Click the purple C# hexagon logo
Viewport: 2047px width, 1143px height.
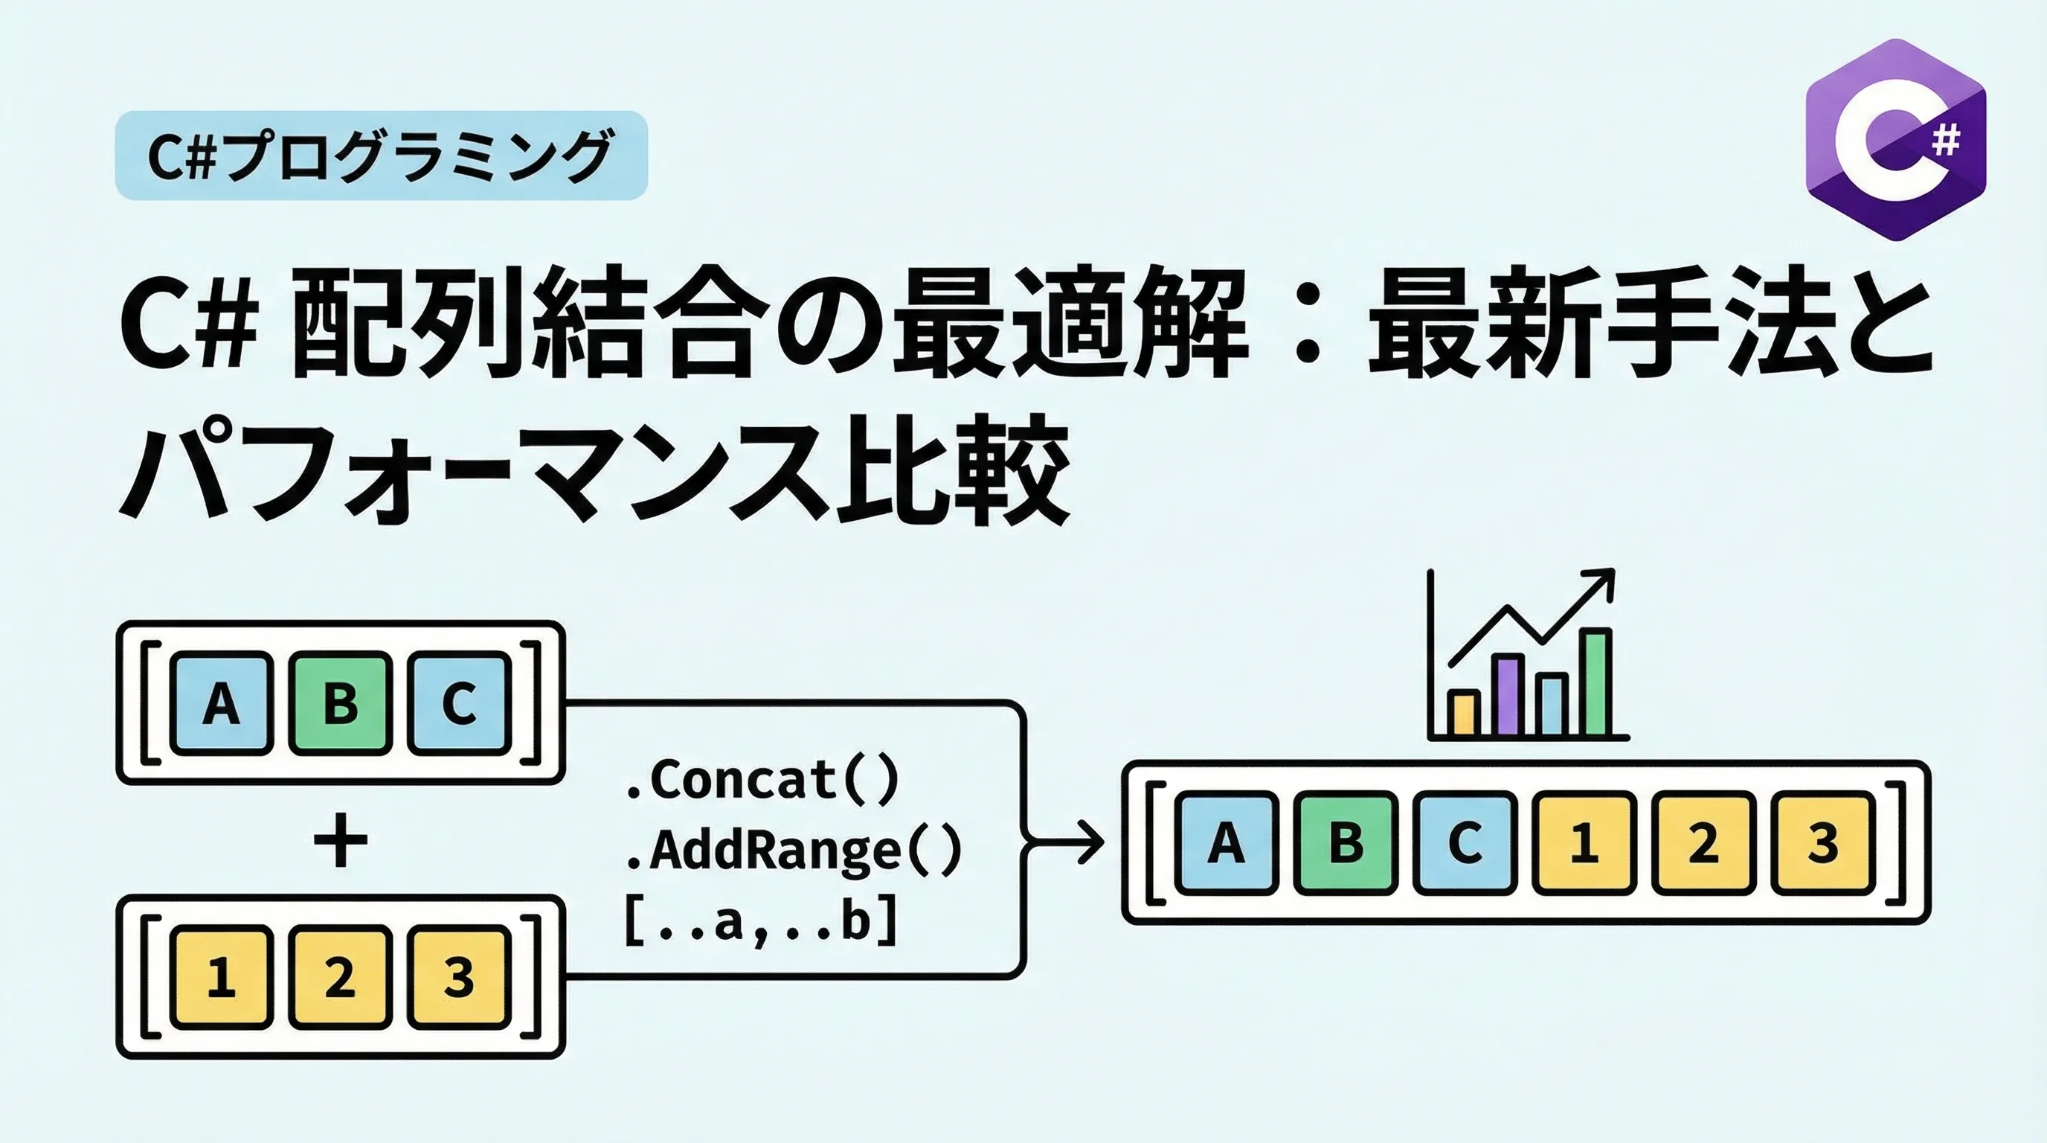[x=1896, y=139]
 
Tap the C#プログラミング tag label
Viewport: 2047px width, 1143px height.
[x=382, y=156]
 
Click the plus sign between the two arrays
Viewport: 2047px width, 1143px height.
[x=341, y=840]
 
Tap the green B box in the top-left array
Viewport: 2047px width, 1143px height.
[x=340, y=702]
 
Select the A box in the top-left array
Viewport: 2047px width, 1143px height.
[x=221, y=702]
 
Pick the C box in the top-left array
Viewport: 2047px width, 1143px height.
[x=459, y=702]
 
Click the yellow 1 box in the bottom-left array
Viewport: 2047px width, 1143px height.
[x=221, y=977]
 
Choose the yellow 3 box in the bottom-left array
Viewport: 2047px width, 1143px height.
[x=459, y=977]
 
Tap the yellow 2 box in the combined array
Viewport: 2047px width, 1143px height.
[x=1703, y=842]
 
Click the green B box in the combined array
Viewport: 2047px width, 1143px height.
[x=1346, y=842]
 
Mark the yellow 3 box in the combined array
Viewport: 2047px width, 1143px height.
[x=1823, y=842]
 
